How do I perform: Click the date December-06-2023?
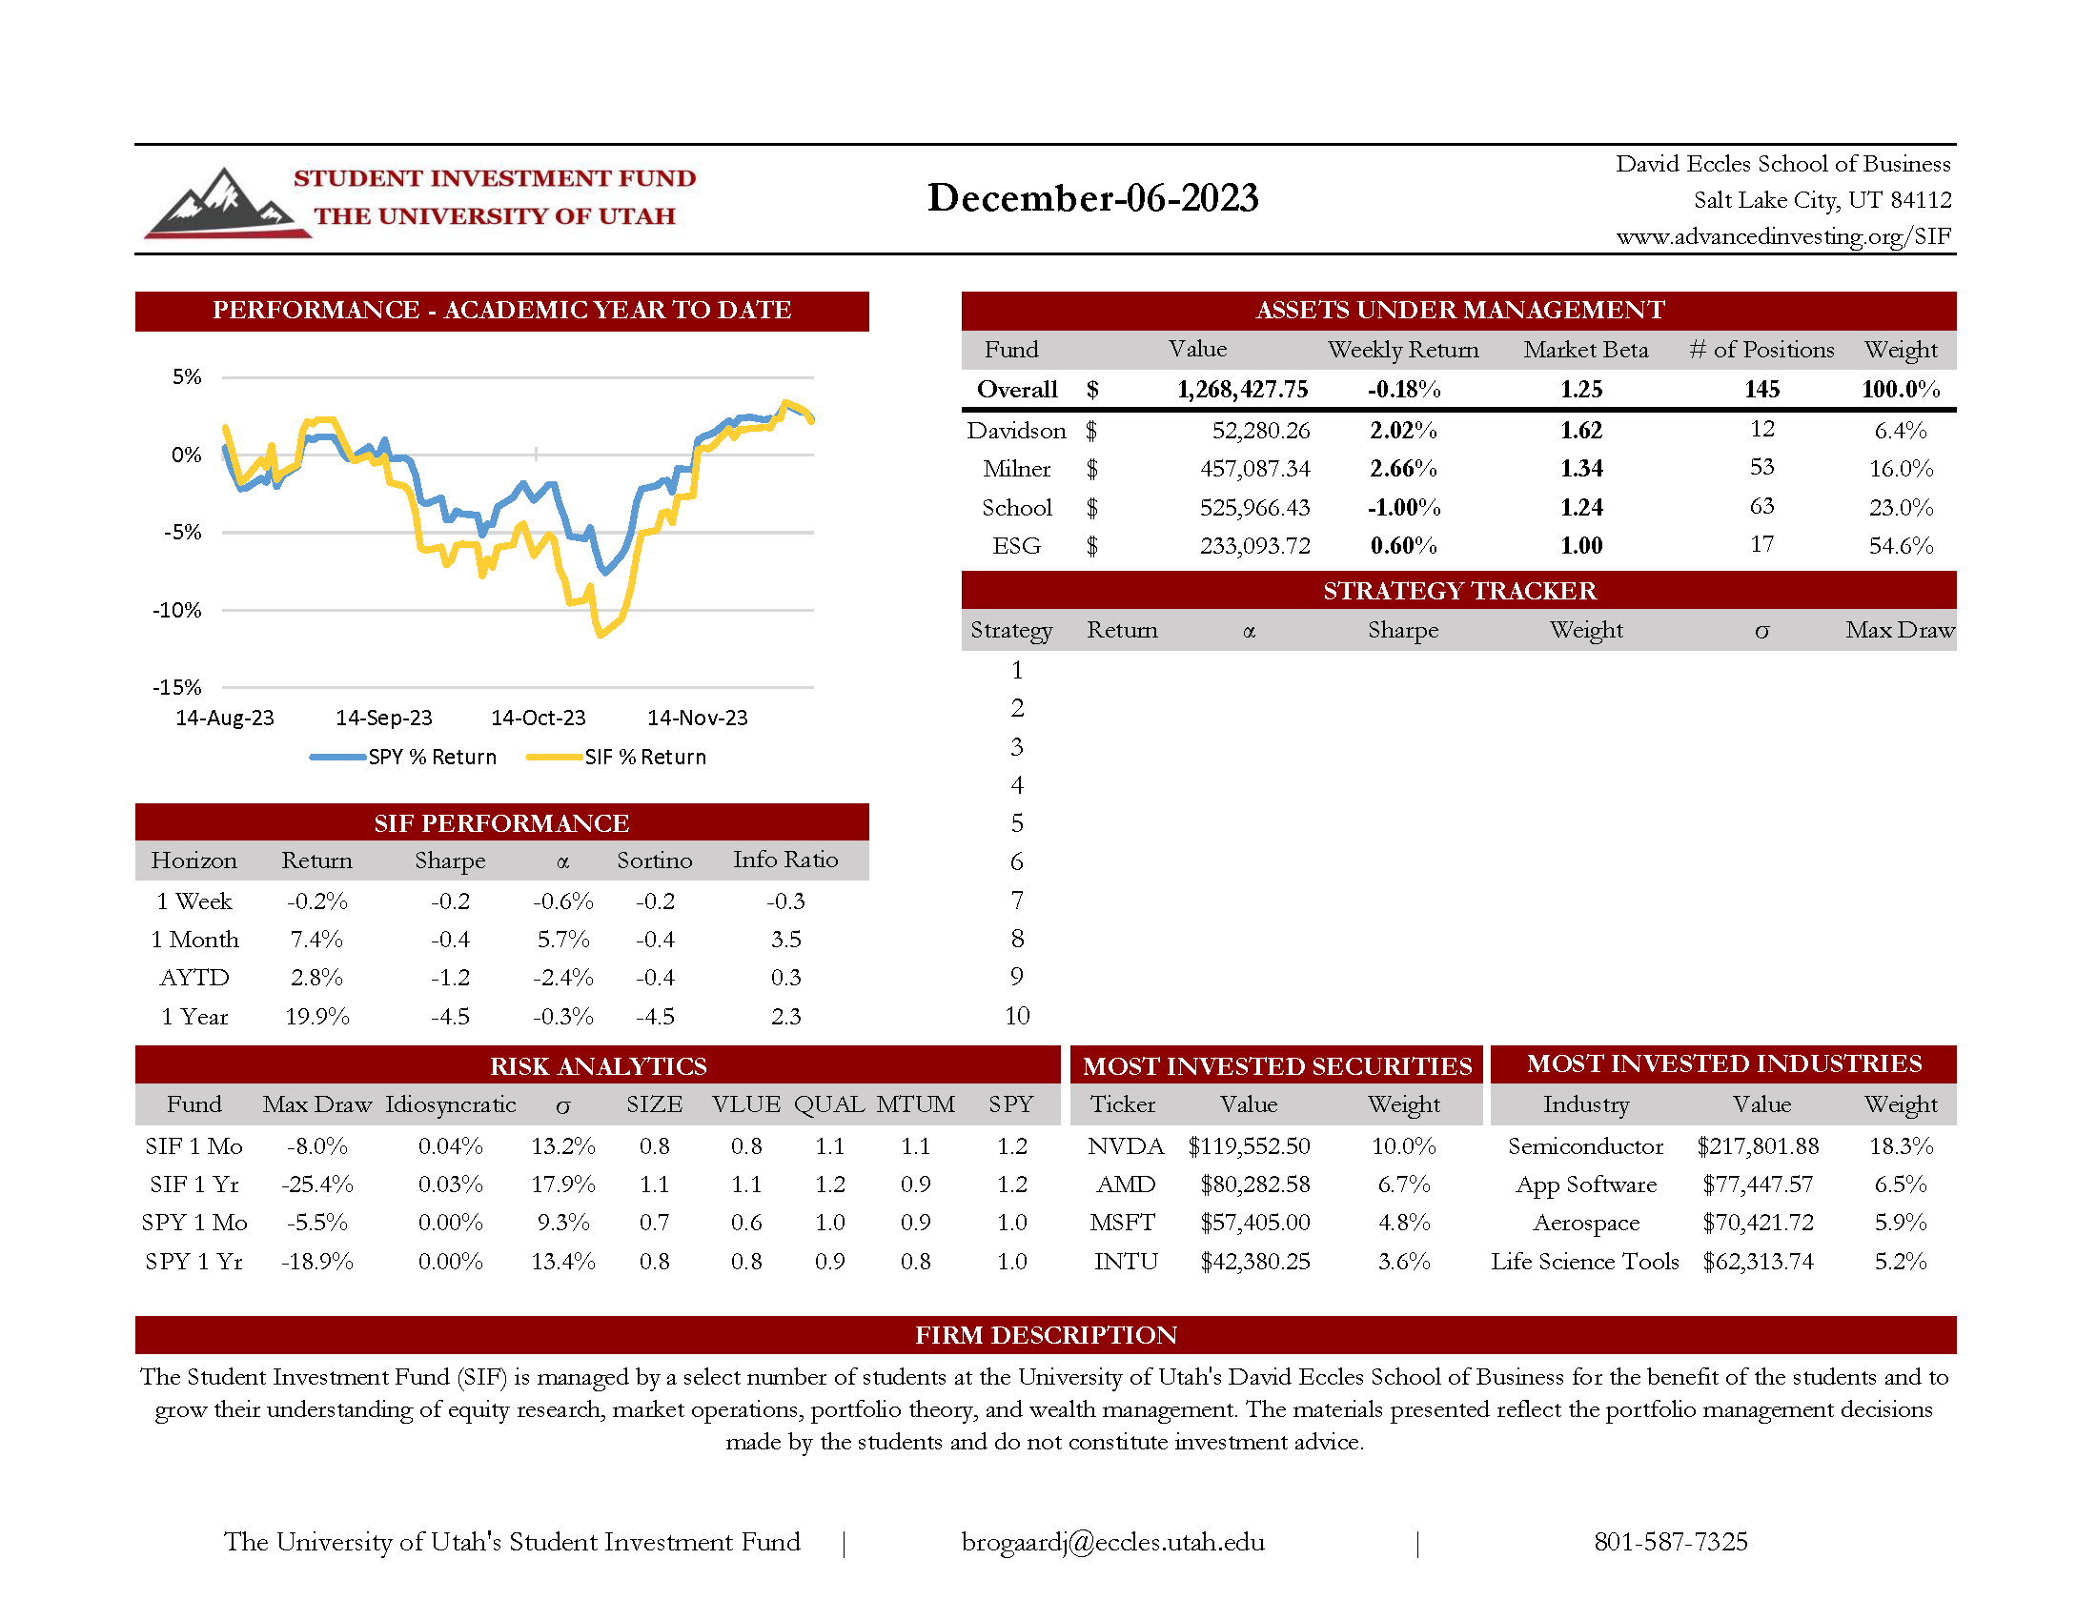(x=1091, y=197)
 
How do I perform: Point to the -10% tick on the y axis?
(x=176, y=611)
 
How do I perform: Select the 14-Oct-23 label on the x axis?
(x=538, y=718)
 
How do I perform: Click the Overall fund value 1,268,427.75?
(x=1241, y=390)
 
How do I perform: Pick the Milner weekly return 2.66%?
(x=1403, y=468)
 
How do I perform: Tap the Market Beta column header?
(x=1584, y=350)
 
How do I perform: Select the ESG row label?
(x=1016, y=546)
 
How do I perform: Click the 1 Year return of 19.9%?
(x=316, y=1017)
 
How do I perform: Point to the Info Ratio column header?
(x=784, y=860)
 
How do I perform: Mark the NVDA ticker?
(x=1126, y=1145)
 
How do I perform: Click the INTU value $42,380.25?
(x=1254, y=1261)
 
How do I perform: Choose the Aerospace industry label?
(x=1585, y=1223)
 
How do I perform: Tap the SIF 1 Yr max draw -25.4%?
(x=316, y=1185)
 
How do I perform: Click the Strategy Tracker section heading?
(x=1458, y=591)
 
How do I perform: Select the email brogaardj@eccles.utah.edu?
(x=1111, y=1542)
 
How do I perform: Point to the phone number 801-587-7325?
(x=1670, y=1542)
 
